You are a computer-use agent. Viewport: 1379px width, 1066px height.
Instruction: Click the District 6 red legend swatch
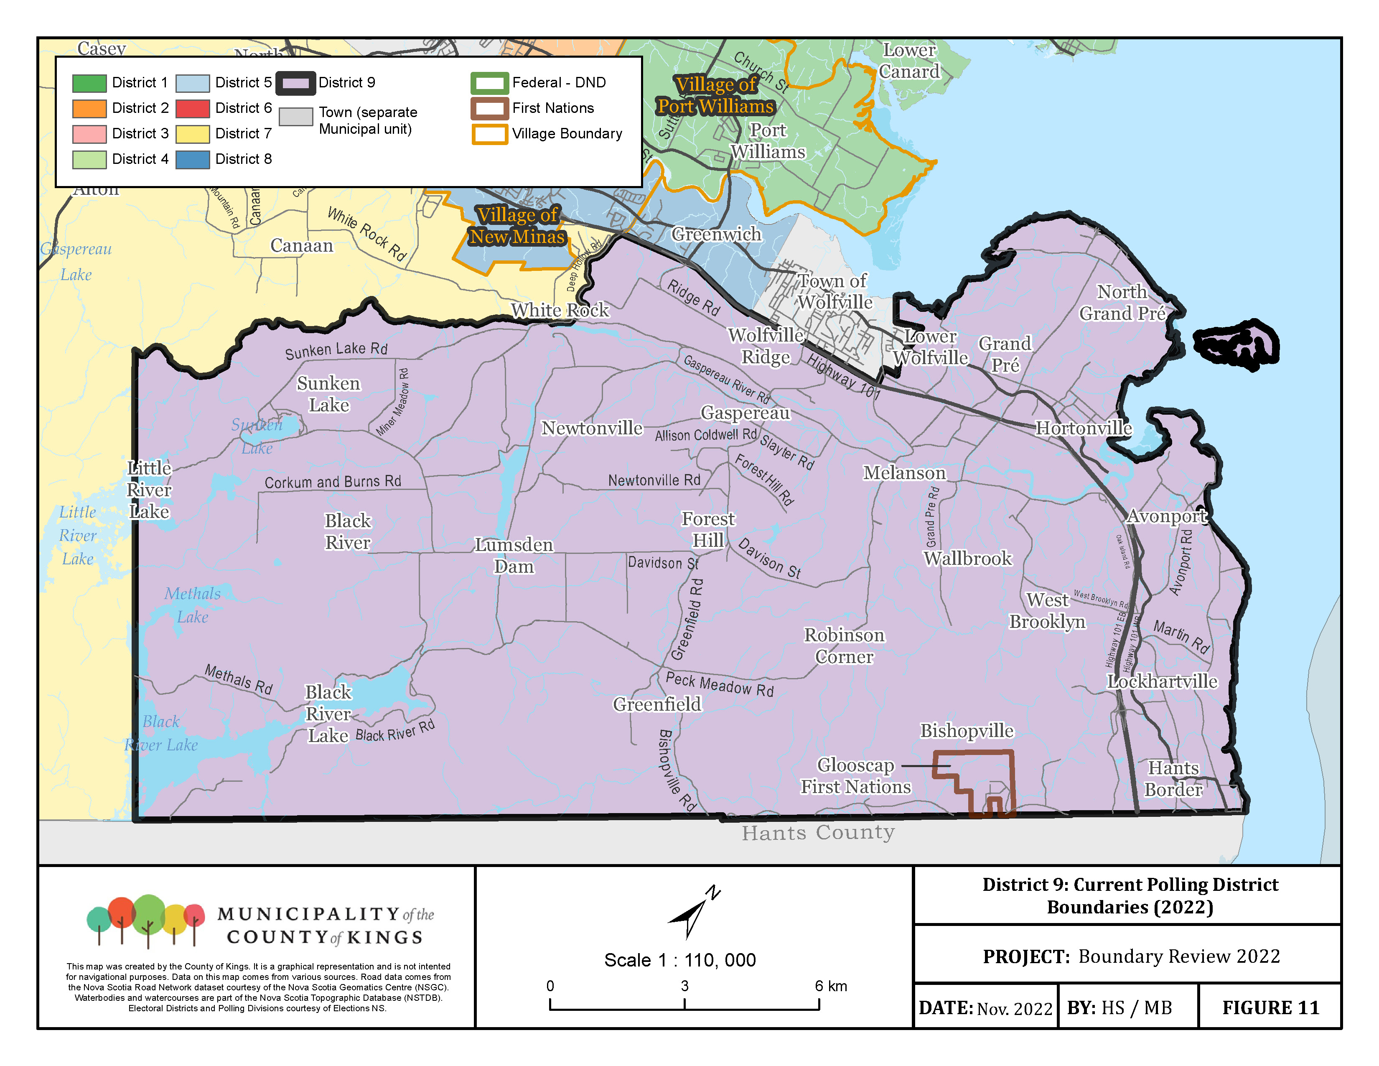click(192, 109)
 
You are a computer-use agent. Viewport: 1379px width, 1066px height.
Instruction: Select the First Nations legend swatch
click(489, 109)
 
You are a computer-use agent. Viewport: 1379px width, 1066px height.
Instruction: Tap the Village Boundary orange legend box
click(489, 134)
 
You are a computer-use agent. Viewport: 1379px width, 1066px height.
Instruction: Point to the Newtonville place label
click(592, 428)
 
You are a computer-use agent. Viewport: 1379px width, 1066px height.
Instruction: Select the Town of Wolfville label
click(834, 291)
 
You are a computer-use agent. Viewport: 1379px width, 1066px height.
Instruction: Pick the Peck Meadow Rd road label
click(719, 685)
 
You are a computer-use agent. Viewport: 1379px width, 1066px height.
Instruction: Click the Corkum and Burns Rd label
click(333, 482)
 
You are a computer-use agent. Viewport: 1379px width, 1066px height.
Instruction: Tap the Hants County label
click(818, 833)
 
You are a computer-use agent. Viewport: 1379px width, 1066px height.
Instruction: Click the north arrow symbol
click(693, 913)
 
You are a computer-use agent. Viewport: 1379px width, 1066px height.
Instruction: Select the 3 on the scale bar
click(684, 986)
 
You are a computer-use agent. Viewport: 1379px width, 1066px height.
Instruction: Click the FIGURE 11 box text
click(1270, 1008)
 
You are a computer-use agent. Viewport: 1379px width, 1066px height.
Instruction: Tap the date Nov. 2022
click(1014, 1009)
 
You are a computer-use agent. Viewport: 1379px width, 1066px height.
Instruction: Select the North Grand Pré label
click(1122, 303)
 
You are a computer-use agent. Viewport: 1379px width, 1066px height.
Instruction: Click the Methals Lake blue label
click(193, 605)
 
